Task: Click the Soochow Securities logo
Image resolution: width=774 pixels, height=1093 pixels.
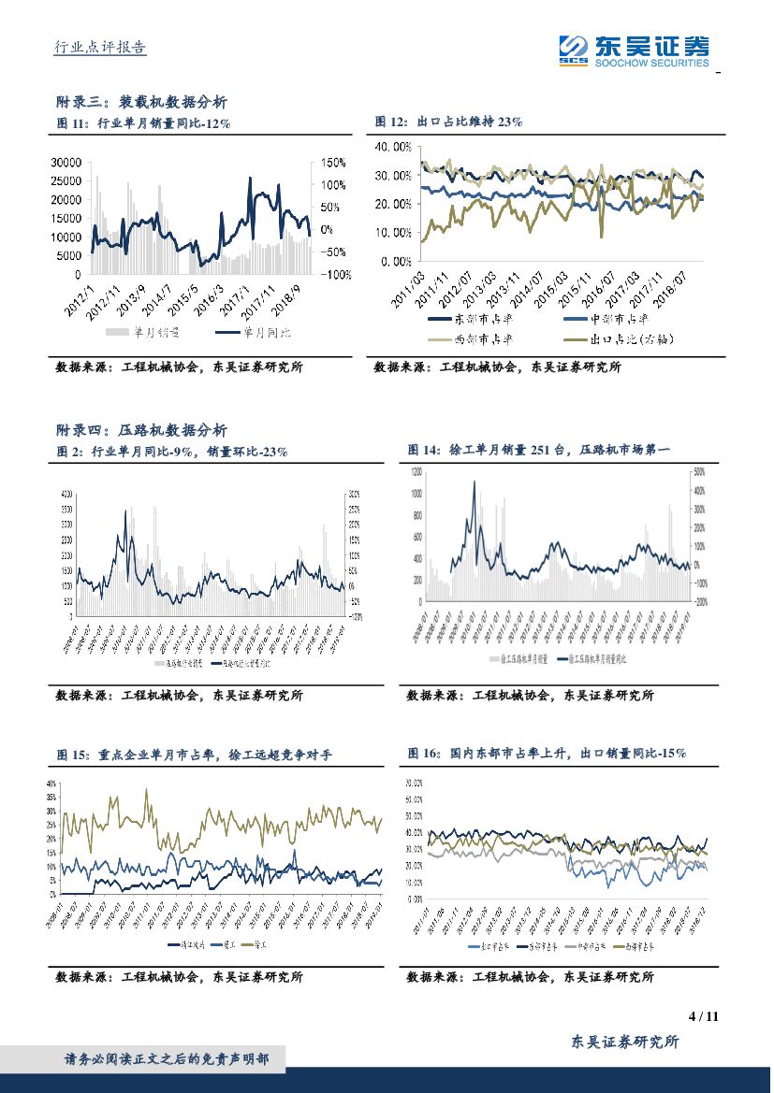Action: coord(634,50)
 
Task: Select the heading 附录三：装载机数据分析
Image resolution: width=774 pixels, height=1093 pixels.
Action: coord(141,102)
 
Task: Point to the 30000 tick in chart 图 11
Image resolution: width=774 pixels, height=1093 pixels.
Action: coord(65,162)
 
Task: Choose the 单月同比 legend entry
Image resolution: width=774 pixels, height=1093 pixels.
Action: coord(266,333)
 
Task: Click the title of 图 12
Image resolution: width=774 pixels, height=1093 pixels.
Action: coord(448,122)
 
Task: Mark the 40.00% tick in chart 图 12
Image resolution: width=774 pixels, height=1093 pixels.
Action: coord(392,147)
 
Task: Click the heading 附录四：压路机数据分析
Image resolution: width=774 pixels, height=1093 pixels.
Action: coord(141,430)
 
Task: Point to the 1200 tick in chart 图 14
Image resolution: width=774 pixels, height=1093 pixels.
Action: coord(416,473)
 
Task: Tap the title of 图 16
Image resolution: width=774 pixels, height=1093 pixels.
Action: coord(548,753)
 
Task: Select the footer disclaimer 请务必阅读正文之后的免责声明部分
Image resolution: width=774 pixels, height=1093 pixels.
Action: coord(167,1059)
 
